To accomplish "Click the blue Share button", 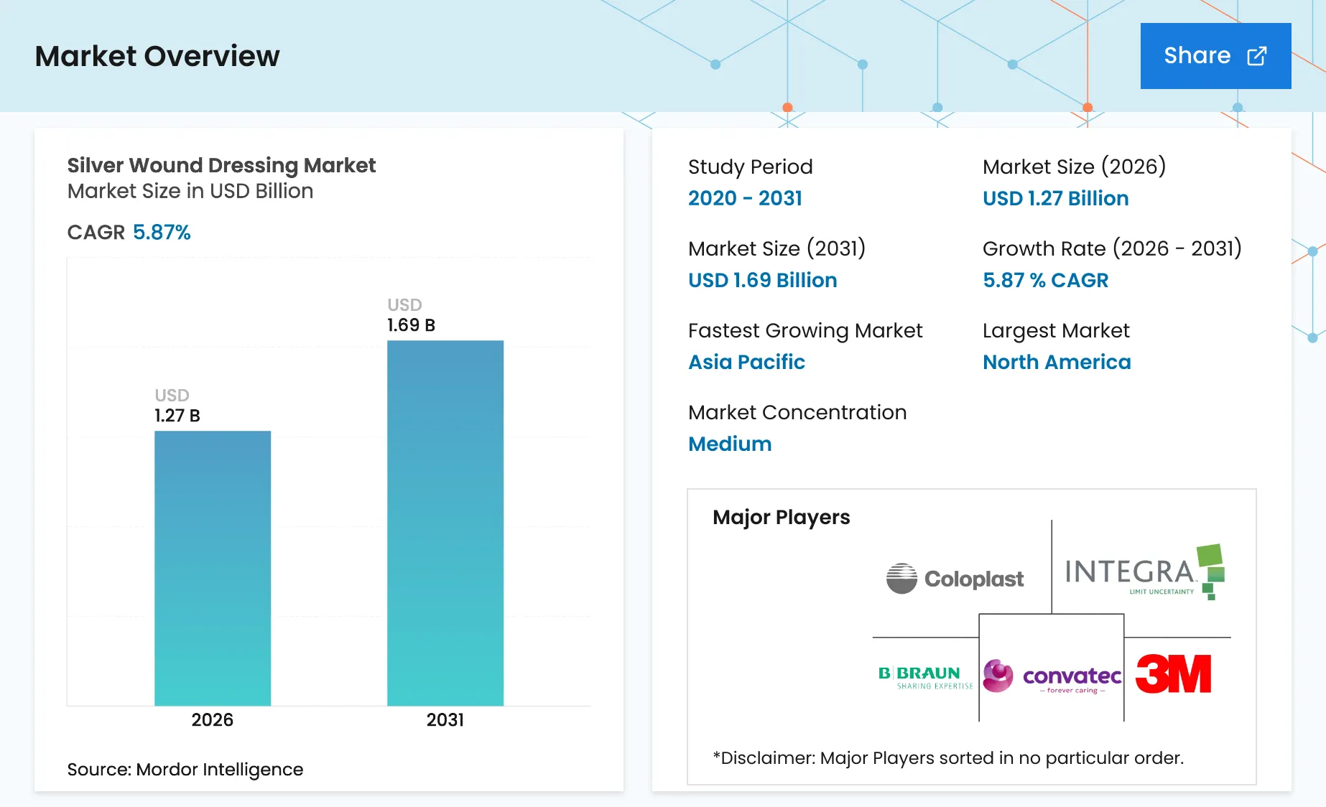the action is (x=1215, y=56).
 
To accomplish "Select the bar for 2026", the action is (x=213, y=568).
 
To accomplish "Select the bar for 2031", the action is (x=445, y=523).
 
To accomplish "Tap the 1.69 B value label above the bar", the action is (x=411, y=325).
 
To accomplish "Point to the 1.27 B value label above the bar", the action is (x=177, y=416).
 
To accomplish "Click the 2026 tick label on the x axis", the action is (x=213, y=720).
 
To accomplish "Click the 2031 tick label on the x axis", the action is (x=445, y=720).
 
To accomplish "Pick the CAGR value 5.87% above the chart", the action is (x=162, y=233).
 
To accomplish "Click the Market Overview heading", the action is (x=157, y=56).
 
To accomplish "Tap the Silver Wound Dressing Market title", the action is (x=221, y=166).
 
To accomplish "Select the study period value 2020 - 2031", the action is (x=745, y=198).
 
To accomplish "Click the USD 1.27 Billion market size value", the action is (x=1056, y=198).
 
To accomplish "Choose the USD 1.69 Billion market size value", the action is (x=763, y=280).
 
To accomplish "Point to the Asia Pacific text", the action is (x=747, y=362).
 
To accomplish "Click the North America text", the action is (x=1057, y=362).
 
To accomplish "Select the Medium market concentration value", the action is (x=730, y=444).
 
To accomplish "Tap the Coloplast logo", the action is (x=955, y=579).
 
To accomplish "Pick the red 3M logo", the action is (x=1173, y=674).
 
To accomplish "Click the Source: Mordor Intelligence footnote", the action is (x=185, y=770).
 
